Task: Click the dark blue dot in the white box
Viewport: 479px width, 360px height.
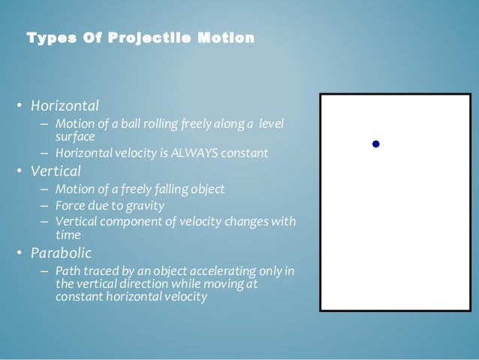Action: tap(376, 144)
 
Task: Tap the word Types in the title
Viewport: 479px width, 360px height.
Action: tap(47, 38)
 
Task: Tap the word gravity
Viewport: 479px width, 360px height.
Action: tap(147, 204)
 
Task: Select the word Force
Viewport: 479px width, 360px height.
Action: tap(69, 204)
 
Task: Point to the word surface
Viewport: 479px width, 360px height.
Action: tap(74, 136)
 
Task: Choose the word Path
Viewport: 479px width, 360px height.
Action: tap(67, 271)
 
